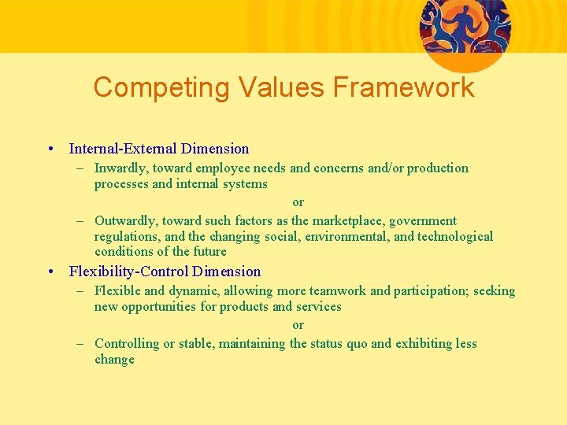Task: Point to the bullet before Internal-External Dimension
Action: click(x=50, y=149)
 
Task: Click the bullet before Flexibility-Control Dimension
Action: click(x=50, y=272)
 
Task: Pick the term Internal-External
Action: click(x=123, y=149)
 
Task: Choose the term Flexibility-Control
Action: click(x=128, y=272)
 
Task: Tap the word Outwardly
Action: click(x=124, y=220)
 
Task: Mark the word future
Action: click(x=210, y=252)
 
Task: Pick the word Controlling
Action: click(x=127, y=343)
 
